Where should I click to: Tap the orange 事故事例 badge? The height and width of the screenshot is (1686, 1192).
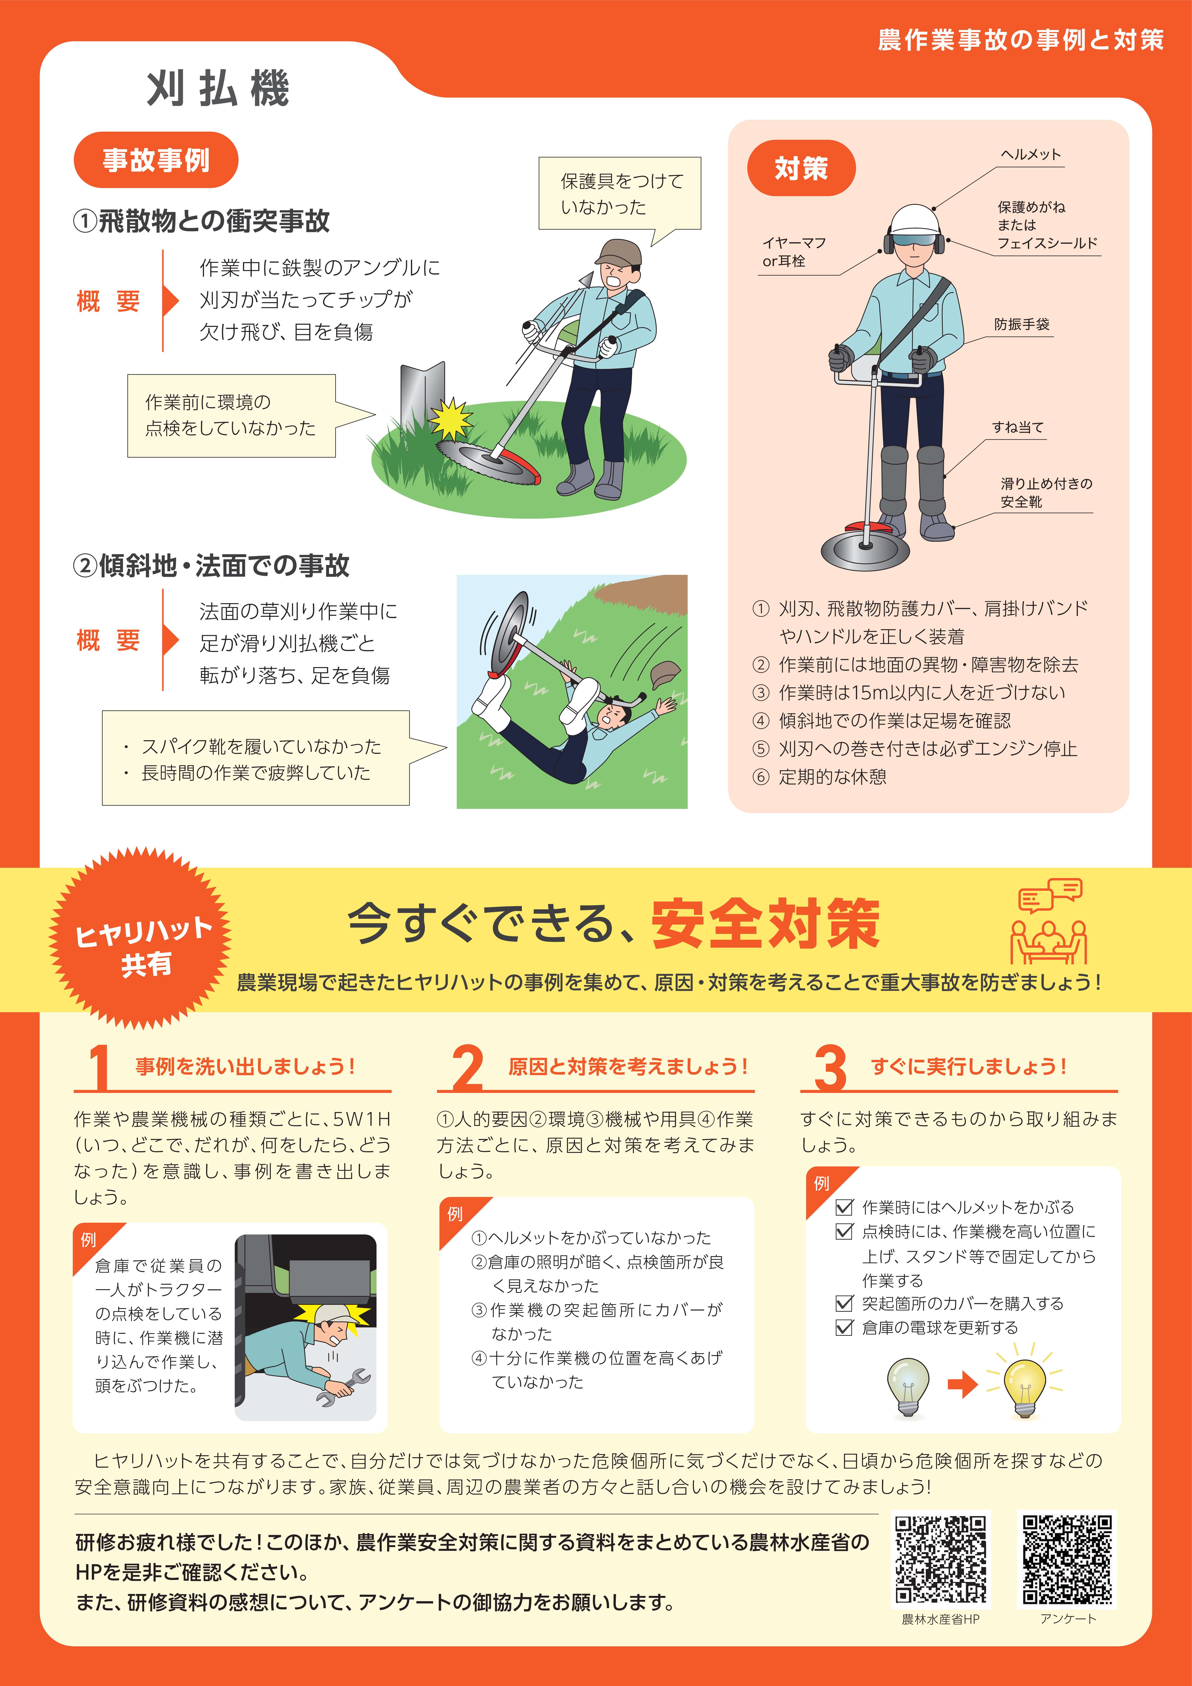point(156,160)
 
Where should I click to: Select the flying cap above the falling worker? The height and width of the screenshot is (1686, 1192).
point(665,672)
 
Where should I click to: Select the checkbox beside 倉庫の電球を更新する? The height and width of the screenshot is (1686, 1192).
point(845,1328)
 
